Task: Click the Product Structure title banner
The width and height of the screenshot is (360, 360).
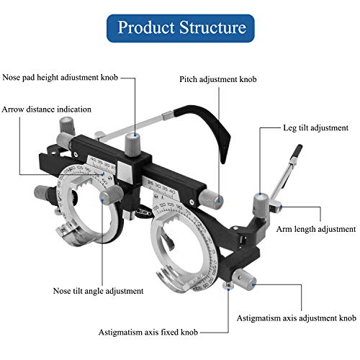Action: tap(181, 29)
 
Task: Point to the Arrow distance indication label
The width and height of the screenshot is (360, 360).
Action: tap(46, 109)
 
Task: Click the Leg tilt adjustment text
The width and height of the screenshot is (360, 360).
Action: tap(316, 127)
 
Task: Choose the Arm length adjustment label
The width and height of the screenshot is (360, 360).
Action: tap(316, 228)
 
